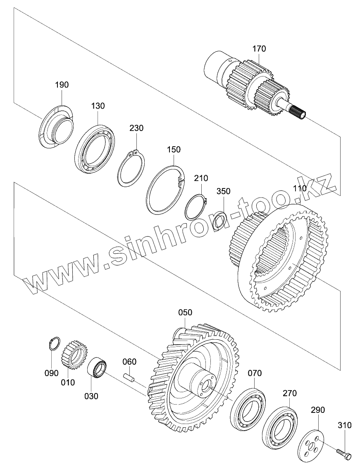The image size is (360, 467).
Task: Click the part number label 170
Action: click(259, 49)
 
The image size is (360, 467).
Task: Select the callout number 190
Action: click(62, 85)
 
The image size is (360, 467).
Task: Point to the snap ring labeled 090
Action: click(53, 344)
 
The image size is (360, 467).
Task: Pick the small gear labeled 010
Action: click(74, 354)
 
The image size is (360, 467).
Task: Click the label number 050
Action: click(185, 313)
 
